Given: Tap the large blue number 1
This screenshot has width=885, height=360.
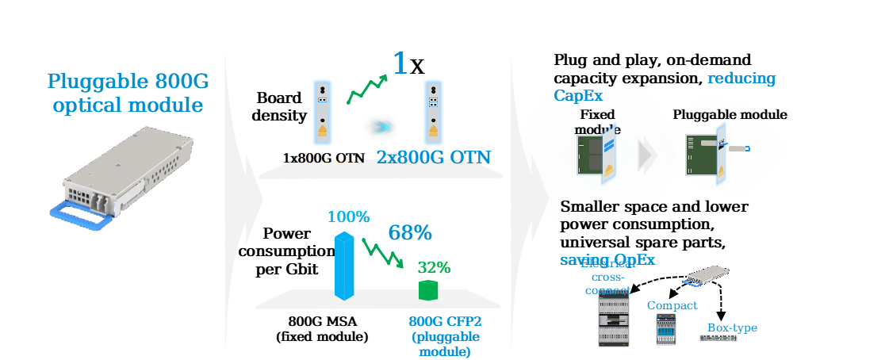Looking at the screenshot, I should coord(400,63).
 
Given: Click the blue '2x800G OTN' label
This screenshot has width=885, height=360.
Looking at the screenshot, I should coord(434,157).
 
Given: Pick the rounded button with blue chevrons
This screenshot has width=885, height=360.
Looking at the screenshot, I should coord(381,127).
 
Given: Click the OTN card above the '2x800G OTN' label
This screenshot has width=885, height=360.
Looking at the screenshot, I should coord(433,111).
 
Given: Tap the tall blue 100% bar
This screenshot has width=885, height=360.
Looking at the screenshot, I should coord(343,266).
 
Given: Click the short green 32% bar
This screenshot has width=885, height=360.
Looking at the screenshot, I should coord(428,289).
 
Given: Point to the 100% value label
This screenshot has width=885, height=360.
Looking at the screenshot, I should coord(348,216).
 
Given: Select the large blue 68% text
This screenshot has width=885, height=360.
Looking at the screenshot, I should coord(409,233).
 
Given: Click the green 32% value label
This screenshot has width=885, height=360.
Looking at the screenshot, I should coord(434,267).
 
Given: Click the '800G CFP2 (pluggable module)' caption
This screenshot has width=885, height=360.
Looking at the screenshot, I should coord(444,336).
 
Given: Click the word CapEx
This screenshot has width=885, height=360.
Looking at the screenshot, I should coord(578,96).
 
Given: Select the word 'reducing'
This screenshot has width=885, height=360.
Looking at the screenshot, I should coord(741,79).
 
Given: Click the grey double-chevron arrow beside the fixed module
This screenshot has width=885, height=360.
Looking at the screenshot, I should coord(648,155).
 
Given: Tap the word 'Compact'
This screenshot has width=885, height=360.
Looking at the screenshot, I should coord(672,305).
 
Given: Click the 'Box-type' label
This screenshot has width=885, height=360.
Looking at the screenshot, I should coord(731,327).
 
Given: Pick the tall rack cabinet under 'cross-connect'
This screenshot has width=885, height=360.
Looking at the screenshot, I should coord(613,322).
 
